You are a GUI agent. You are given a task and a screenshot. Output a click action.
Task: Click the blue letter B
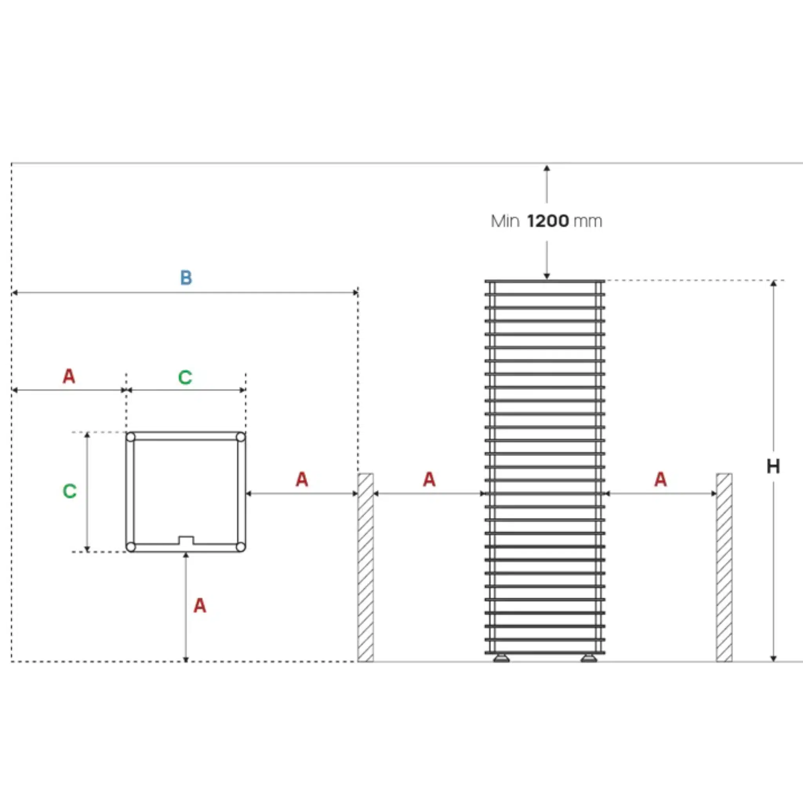(186, 278)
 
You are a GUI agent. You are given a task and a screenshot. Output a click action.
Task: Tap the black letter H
(773, 466)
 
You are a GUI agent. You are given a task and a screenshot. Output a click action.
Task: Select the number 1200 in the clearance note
(548, 221)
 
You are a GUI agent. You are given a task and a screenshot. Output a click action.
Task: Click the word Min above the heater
(505, 221)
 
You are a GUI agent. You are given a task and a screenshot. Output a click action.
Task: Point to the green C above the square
(185, 378)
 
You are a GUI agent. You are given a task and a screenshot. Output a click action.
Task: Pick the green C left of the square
(69, 491)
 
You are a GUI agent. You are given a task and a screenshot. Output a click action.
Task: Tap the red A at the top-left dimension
(69, 376)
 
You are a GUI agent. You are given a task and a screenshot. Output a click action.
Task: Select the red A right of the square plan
(302, 479)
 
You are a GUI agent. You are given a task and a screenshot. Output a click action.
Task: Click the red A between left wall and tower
(429, 479)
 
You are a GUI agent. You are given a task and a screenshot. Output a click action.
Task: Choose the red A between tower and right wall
(660, 479)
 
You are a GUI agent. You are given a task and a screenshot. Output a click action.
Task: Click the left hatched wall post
(366, 567)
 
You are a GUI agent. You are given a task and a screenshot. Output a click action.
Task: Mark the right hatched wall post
(724, 567)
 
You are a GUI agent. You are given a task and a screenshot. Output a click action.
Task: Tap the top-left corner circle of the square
(131, 437)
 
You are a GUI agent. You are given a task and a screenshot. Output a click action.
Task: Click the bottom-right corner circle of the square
(241, 547)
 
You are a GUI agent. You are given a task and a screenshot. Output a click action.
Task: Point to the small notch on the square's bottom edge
(186, 540)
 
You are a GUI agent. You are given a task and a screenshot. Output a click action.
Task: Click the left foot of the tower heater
(501, 658)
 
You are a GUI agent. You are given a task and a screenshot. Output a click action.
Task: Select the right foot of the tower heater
(589, 658)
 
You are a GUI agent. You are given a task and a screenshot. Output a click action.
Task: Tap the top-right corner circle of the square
(241, 437)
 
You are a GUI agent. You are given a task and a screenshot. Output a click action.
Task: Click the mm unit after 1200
(588, 222)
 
